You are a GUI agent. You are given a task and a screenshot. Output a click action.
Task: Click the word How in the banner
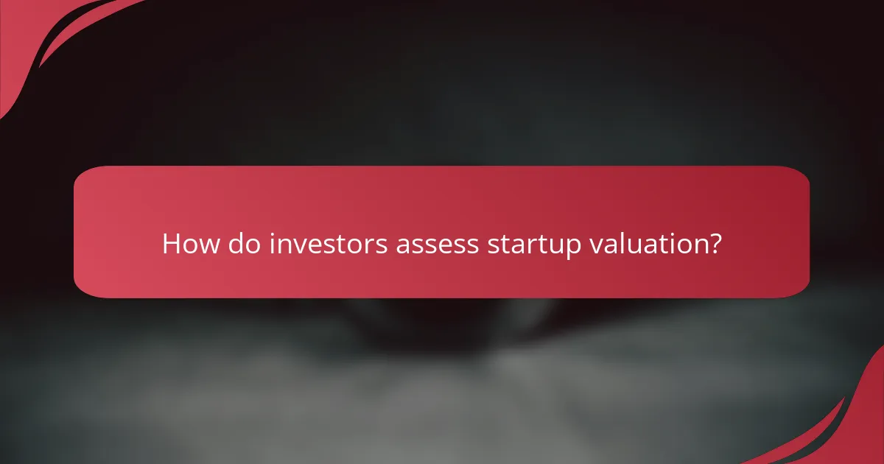click(190, 244)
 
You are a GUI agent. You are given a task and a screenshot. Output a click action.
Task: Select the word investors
click(328, 244)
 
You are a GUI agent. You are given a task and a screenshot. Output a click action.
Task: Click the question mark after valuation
click(713, 244)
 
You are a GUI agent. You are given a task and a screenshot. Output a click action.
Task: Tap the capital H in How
click(171, 244)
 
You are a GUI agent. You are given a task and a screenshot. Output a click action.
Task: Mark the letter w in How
click(208, 246)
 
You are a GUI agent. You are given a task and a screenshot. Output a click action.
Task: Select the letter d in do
click(235, 244)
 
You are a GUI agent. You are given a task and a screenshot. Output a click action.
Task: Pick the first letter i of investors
click(271, 244)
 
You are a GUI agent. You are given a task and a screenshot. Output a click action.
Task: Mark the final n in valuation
click(698, 246)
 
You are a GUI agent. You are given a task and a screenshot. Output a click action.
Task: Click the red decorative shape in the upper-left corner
click(29, 37)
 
